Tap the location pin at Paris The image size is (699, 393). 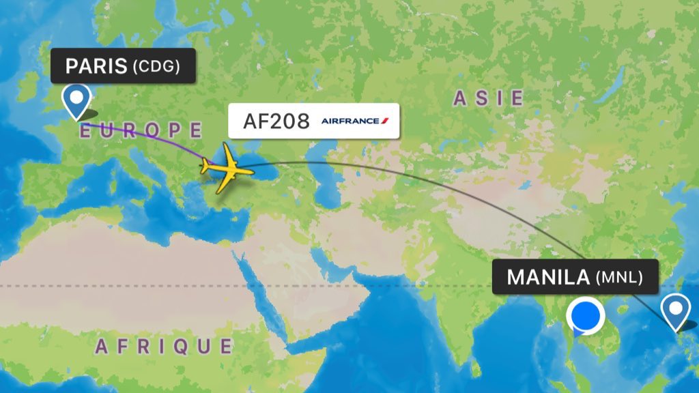[x=76, y=101]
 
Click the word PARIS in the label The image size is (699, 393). [x=96, y=66]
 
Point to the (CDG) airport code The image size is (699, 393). [x=156, y=67]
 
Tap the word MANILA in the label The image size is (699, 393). [x=548, y=277]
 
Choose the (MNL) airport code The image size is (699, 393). [x=618, y=278]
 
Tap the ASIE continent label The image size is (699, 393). [x=489, y=98]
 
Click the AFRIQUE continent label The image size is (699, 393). [x=164, y=346]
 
